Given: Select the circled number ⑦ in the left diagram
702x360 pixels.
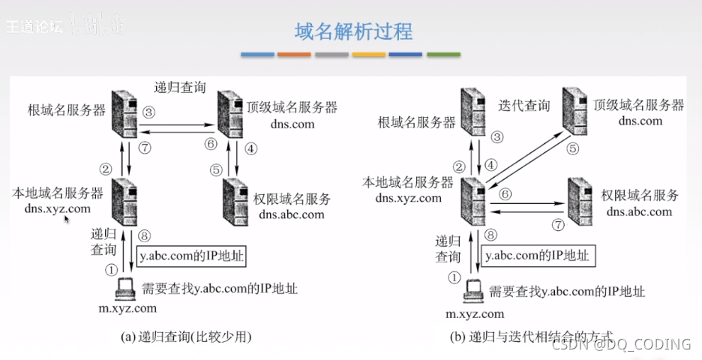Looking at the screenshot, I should pyautogui.click(x=145, y=148).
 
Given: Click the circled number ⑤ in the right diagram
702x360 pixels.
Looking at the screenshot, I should pyautogui.click(x=573, y=148).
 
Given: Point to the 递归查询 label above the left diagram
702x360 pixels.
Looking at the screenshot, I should pyautogui.click(x=180, y=86).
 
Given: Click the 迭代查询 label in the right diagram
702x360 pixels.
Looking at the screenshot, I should pyautogui.click(x=523, y=106).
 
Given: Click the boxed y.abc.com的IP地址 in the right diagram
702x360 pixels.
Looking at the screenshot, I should pyautogui.click(x=535, y=255).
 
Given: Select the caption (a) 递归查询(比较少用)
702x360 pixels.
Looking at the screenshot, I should pyautogui.click(x=186, y=337).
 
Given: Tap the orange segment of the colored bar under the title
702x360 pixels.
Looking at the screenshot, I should pyautogui.click(x=294, y=54).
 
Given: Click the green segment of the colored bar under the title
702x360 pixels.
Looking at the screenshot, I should pyautogui.click(x=443, y=54).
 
